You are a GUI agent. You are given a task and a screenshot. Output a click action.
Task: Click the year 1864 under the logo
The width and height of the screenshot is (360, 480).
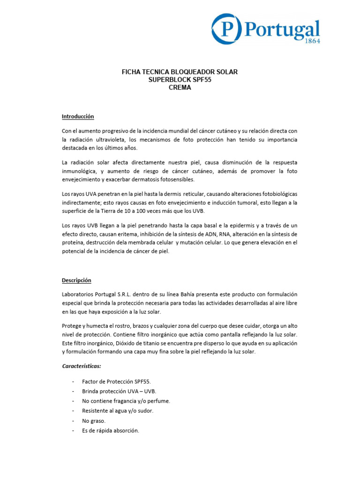pyautogui.click(x=310, y=41)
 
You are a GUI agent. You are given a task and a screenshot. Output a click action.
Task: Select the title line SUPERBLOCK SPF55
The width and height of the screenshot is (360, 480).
pyautogui.click(x=180, y=80)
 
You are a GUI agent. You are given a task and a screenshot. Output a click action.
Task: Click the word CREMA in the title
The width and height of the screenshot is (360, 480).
pyautogui.click(x=180, y=87)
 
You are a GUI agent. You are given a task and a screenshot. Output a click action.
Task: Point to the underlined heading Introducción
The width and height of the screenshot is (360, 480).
pyautogui.click(x=78, y=116)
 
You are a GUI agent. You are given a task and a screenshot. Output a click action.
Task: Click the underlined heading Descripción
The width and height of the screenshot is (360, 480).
pyautogui.click(x=76, y=280)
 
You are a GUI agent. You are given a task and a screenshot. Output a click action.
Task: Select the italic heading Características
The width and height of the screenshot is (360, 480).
pyautogui.click(x=82, y=366)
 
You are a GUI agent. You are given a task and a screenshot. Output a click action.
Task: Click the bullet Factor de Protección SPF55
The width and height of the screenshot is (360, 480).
pyautogui.click(x=117, y=382)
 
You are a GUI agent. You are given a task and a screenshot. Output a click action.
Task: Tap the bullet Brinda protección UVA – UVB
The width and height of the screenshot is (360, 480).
pyautogui.click(x=119, y=391)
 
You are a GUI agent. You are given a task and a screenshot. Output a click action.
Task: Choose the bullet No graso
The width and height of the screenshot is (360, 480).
pyautogui.click(x=94, y=421)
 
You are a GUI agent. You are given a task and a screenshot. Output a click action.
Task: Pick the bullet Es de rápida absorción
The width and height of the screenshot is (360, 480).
pyautogui.click(x=111, y=431)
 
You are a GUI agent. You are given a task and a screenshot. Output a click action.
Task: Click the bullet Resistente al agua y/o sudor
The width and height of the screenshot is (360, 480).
pyautogui.click(x=118, y=411)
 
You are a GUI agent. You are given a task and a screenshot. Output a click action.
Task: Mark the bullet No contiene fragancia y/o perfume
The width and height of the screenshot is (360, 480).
pyautogui.click(x=126, y=401)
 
